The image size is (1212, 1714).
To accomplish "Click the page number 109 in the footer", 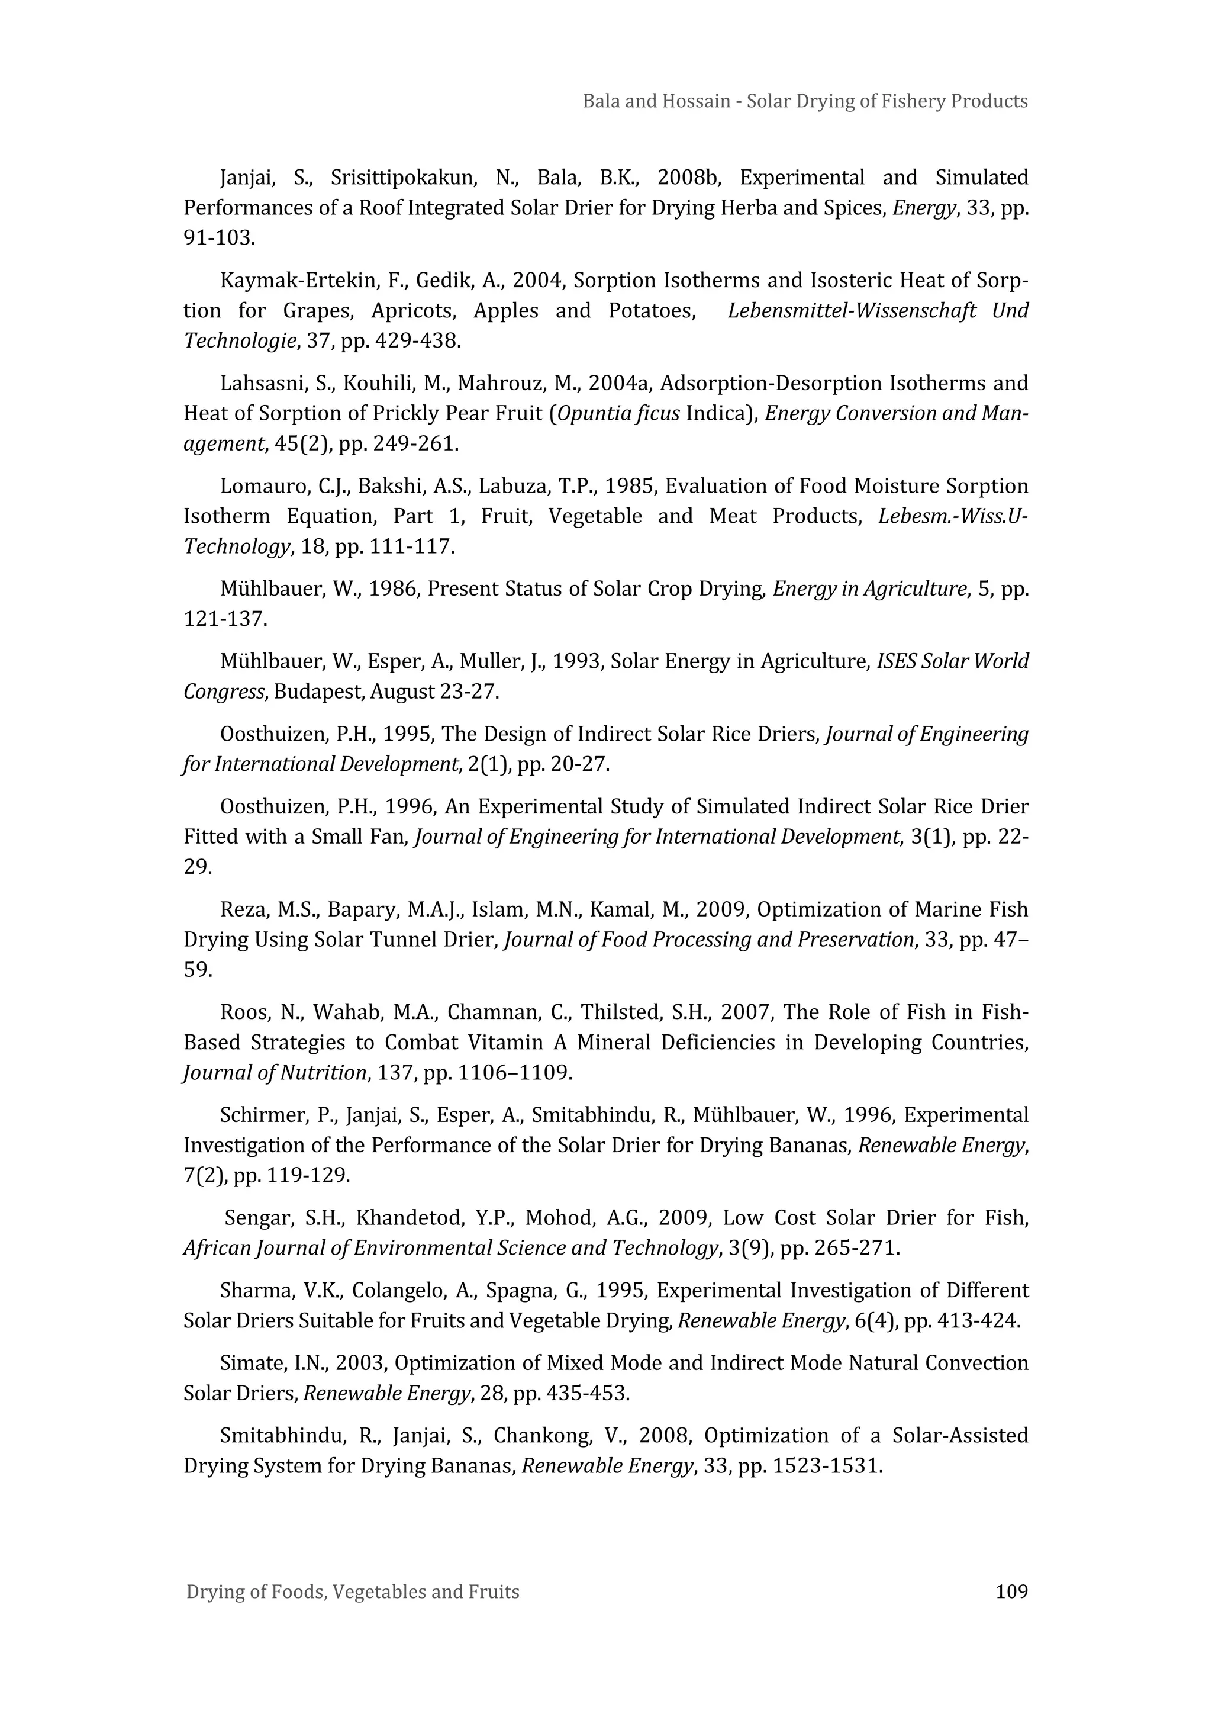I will click(1011, 1591).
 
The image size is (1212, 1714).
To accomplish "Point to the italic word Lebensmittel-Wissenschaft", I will click(852, 311).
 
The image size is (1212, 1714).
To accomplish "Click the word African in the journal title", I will click(215, 1248).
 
